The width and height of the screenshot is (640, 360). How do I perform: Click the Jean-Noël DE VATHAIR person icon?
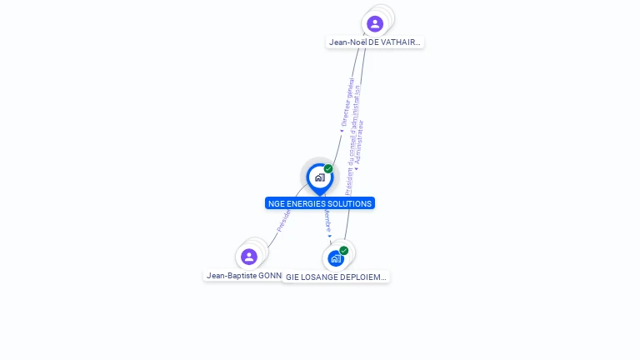(x=375, y=23)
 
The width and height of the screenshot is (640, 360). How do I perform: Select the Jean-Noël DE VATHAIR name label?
(x=375, y=42)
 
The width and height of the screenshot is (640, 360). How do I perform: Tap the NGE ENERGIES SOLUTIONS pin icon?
(x=319, y=177)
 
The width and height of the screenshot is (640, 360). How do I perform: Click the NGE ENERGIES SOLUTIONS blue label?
(x=320, y=203)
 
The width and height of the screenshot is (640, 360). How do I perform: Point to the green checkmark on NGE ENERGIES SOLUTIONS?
(x=328, y=169)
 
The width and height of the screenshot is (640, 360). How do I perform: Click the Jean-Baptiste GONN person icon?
(x=248, y=257)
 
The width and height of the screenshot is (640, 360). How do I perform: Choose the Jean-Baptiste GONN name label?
(x=242, y=275)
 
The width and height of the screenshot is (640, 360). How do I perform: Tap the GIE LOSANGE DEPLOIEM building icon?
(x=336, y=258)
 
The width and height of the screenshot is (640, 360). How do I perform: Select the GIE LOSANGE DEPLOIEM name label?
(x=336, y=277)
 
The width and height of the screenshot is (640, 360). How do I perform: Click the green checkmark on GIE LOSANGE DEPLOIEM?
(x=344, y=251)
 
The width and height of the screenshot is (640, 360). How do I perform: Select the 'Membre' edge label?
(x=327, y=221)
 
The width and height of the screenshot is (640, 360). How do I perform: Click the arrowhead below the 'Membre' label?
(x=329, y=237)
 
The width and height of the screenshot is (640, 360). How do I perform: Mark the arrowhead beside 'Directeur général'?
(x=342, y=130)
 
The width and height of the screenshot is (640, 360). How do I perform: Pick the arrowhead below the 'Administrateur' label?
(x=356, y=169)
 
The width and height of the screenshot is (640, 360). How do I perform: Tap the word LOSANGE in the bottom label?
(x=319, y=277)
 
